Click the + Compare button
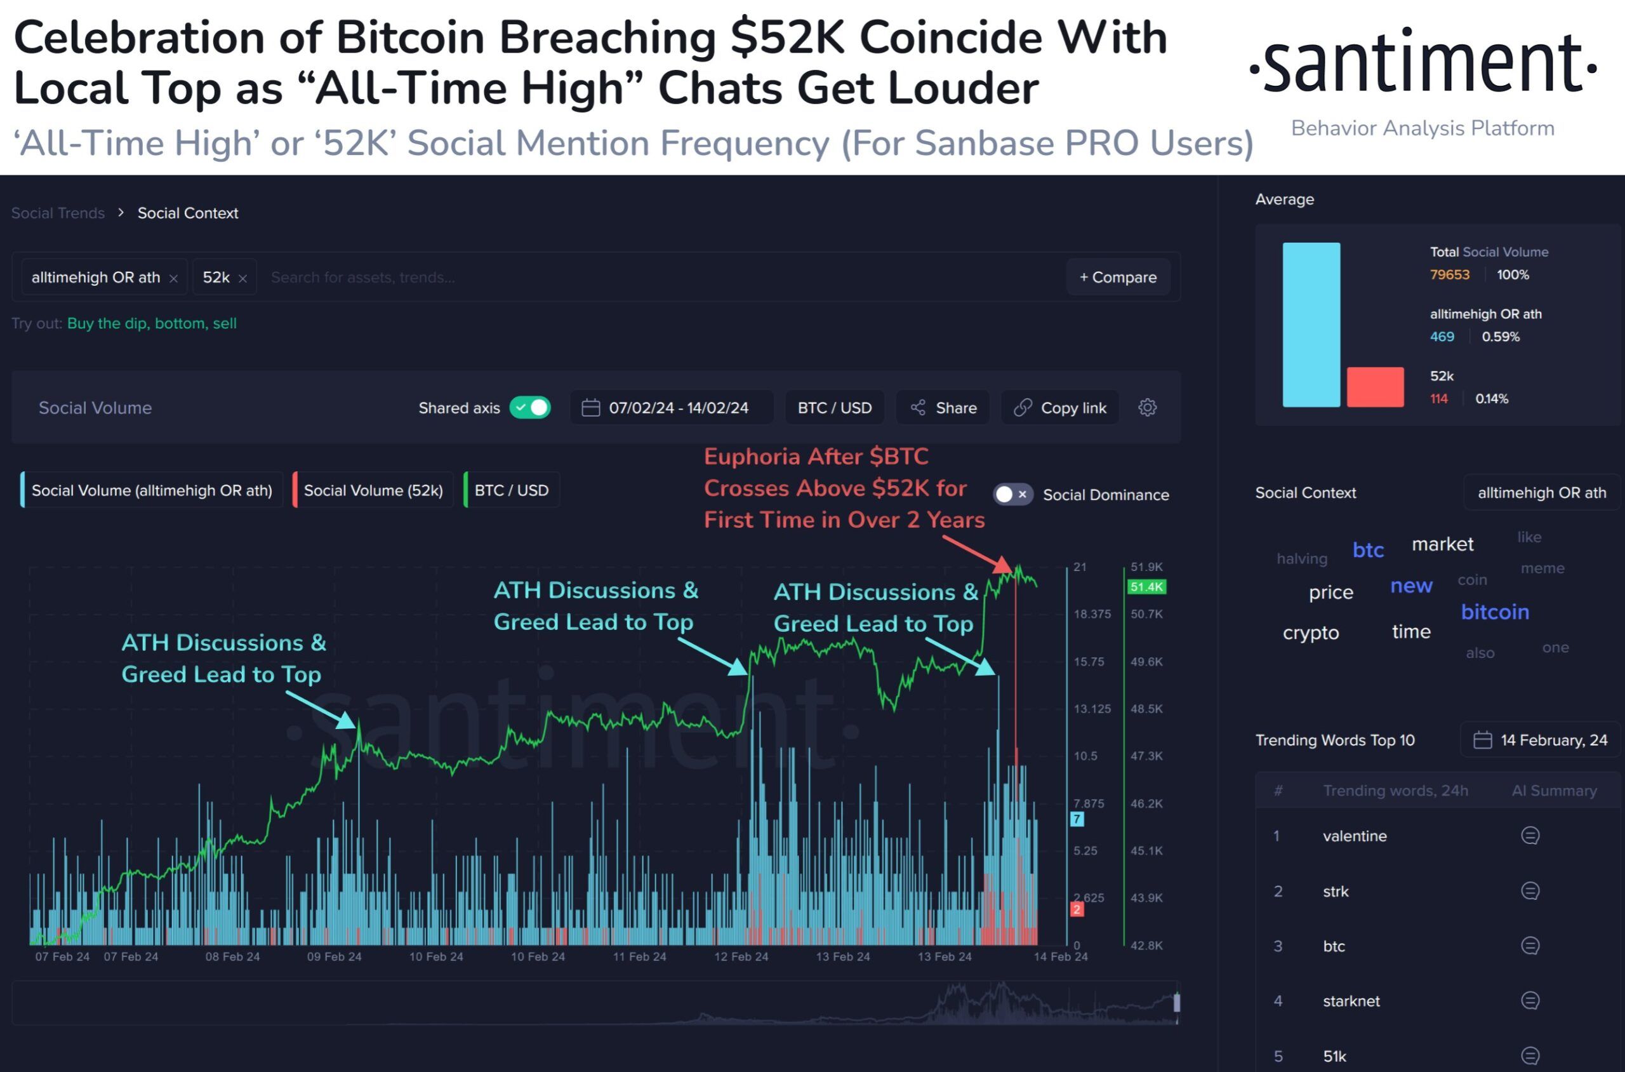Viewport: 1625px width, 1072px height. click(x=1118, y=277)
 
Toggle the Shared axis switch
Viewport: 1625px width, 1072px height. click(x=531, y=408)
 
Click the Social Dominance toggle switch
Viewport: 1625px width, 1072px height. click(x=1012, y=494)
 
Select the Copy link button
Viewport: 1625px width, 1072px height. click(x=1060, y=408)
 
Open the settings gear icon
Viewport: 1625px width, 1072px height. click(x=1148, y=408)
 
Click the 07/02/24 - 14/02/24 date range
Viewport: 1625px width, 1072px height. click(x=672, y=408)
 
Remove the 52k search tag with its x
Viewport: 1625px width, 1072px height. click(x=242, y=278)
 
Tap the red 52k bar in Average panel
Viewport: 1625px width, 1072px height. click(x=1375, y=387)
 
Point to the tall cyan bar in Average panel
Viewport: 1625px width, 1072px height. click(x=1311, y=325)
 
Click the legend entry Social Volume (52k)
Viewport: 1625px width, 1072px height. click(x=373, y=490)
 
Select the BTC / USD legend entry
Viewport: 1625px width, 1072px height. click(x=511, y=490)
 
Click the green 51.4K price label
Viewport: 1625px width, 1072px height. click(x=1146, y=587)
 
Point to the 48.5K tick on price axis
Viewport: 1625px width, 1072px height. click(x=1146, y=709)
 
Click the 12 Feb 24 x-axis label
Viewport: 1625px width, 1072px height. click(x=741, y=956)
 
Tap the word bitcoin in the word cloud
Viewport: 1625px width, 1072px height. click(x=1494, y=612)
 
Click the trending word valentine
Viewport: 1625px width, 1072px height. click(x=1355, y=836)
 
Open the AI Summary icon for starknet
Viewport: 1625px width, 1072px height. click(x=1530, y=1001)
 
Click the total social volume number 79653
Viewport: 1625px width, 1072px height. click(x=1449, y=275)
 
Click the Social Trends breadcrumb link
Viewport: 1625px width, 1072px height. click(x=58, y=213)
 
